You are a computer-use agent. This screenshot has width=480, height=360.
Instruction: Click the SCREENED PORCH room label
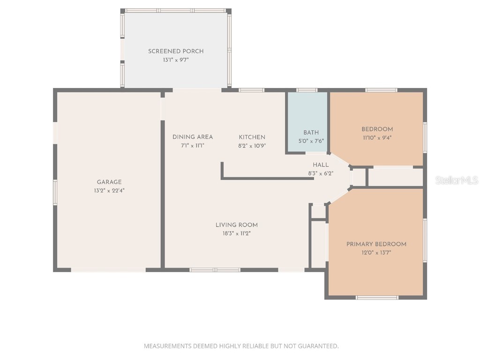coord(176,51)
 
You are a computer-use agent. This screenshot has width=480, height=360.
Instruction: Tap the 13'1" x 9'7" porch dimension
coord(176,60)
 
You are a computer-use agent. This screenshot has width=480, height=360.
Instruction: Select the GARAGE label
coord(109,182)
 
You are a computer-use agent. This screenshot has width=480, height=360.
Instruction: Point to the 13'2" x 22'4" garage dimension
coord(109,190)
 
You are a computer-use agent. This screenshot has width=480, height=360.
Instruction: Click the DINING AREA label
coord(193,137)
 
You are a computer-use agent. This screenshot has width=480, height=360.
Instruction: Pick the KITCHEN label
coord(252,137)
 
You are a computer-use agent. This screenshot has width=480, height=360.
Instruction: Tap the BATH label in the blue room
coord(311,133)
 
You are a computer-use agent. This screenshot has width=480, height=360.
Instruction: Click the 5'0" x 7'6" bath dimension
coord(311,141)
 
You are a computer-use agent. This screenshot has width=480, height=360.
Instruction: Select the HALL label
coord(321,165)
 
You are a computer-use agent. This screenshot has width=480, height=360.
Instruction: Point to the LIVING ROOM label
coord(237,225)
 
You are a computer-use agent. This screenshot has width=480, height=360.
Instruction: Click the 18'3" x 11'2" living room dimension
coord(237,233)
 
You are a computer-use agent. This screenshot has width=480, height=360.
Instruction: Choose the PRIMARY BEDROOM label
coord(376,244)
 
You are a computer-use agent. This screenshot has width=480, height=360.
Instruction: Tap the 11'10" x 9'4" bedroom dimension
coord(377,138)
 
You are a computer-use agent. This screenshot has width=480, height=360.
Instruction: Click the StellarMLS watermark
coord(457,180)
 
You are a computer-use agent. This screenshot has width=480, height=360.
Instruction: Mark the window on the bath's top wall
coord(307,90)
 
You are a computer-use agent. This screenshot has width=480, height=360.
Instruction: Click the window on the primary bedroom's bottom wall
coord(377,297)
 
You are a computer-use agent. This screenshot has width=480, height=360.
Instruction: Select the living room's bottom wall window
coord(215,270)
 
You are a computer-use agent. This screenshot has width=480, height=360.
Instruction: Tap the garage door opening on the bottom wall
coord(108,270)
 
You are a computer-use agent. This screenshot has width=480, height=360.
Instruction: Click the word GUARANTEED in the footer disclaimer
coord(316,346)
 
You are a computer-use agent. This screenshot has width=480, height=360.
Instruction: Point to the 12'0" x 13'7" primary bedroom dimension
coord(376,253)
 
